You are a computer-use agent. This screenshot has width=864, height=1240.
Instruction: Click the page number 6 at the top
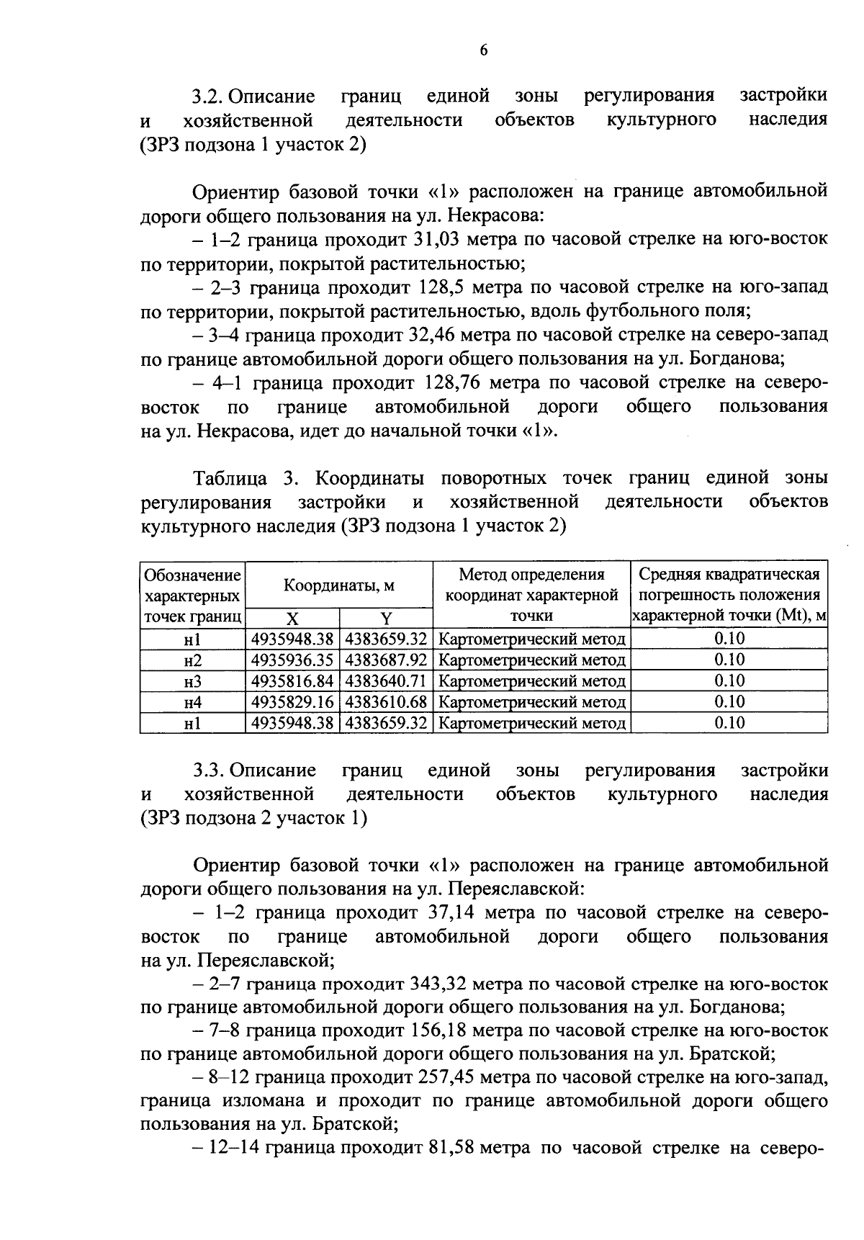pos(483,50)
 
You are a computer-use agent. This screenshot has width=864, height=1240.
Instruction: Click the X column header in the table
pos(292,618)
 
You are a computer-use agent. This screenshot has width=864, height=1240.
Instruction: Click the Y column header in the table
pos(386,618)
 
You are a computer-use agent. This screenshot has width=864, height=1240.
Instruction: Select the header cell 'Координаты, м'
pos(338,585)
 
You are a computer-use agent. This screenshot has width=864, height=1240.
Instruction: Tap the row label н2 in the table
pos(192,660)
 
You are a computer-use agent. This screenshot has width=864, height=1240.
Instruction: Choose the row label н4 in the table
pos(192,702)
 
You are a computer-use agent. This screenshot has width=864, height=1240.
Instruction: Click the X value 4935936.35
pos(292,660)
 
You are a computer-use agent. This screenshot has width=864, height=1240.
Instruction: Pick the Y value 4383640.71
pos(386,681)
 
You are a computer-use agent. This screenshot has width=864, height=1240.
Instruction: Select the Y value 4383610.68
pos(386,702)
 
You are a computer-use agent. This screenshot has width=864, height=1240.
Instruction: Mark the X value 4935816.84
pos(292,681)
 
